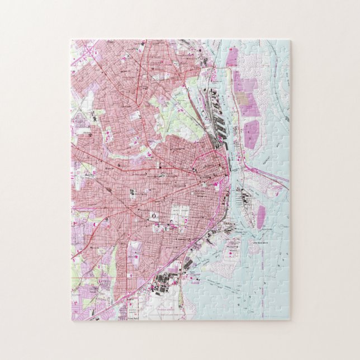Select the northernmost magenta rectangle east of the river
(x=232, y=56)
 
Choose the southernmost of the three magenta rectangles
(x=251, y=135)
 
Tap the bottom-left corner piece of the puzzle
(x=80, y=310)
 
